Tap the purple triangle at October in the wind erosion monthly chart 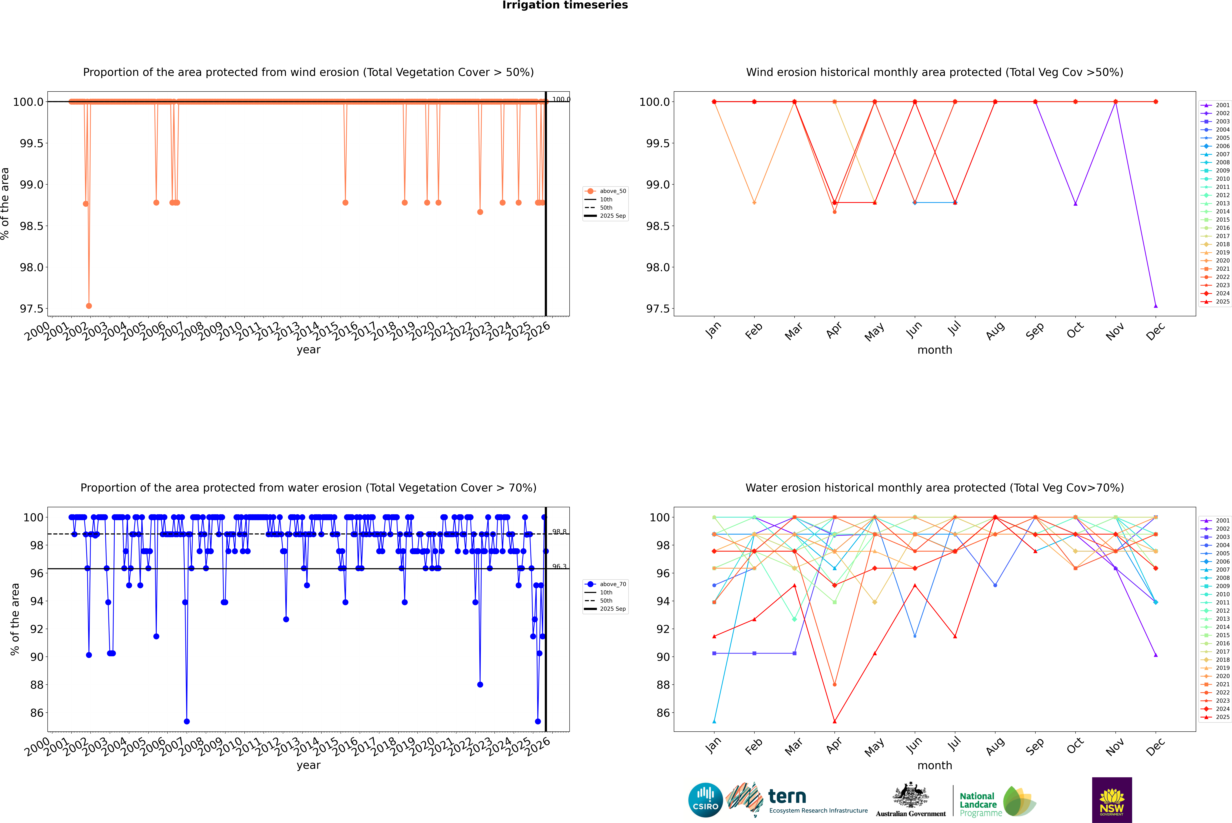pyautogui.click(x=1075, y=204)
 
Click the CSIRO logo pyautogui.click(x=705, y=800)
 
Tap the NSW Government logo pyautogui.click(x=1112, y=800)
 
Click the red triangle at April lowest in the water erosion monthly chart pyautogui.click(x=834, y=721)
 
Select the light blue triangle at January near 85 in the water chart pyautogui.click(x=714, y=721)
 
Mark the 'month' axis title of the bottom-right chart pyautogui.click(x=934, y=765)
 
